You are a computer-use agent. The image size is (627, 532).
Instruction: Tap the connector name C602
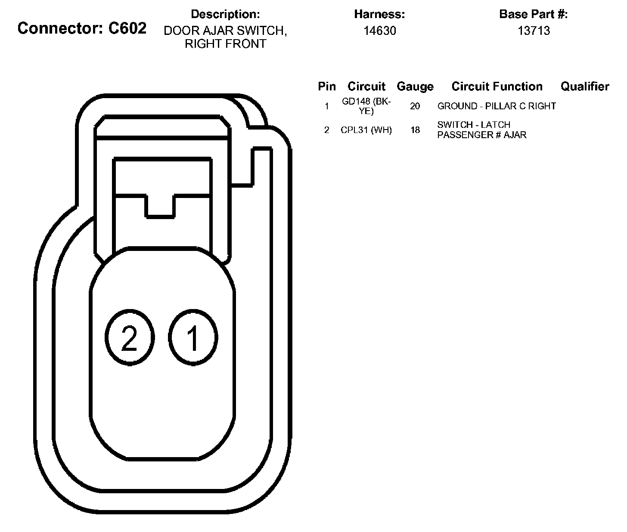point(127,28)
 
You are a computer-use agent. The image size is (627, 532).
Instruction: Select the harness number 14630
point(379,31)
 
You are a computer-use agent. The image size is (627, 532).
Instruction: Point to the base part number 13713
point(534,31)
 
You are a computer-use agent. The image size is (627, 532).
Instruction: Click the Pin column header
point(327,87)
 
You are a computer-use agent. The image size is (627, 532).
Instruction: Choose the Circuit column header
point(366,87)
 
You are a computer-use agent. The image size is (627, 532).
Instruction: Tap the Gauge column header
point(415,87)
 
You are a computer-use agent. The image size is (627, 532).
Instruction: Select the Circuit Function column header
point(497,87)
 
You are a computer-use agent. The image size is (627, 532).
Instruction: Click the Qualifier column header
point(584,87)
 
